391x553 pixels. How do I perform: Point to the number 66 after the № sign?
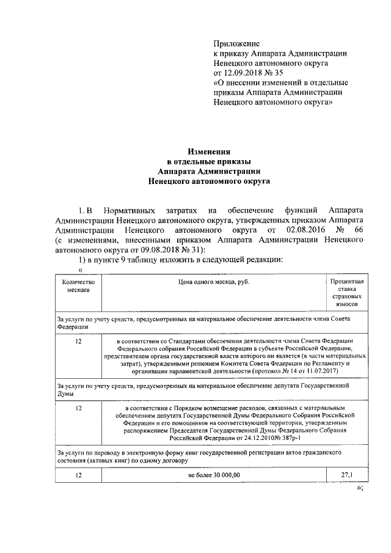pyautogui.click(x=359, y=230)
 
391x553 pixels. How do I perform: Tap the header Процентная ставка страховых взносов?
pyautogui.click(x=348, y=292)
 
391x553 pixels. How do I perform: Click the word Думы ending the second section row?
pyautogui.click(x=66, y=394)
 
